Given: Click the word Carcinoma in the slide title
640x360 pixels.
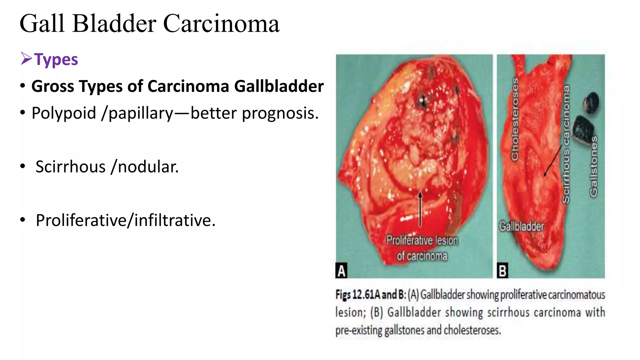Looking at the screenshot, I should click(221, 24).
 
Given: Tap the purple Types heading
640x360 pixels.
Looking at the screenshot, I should click(56, 59).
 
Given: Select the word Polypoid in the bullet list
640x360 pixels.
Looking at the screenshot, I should click(64, 113).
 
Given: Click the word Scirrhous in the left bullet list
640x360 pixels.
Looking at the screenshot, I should click(71, 167).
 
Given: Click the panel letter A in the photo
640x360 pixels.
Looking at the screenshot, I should click(341, 271).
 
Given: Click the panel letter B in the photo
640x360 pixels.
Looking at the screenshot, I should click(502, 271).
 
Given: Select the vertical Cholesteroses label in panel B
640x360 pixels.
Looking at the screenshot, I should click(515, 119).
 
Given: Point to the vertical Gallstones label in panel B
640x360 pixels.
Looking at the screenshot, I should click(593, 166).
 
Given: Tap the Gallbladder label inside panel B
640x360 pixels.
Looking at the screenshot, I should click(521, 226).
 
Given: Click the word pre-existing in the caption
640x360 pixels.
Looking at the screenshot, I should click(359, 330).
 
